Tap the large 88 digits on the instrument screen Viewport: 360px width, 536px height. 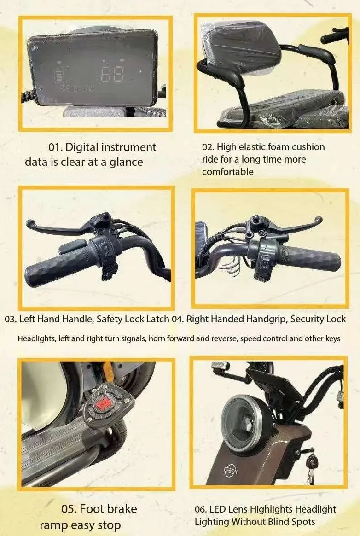coord(112,74)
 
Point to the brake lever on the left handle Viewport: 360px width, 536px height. coord(57,227)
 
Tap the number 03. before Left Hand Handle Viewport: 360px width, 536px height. coord(11,319)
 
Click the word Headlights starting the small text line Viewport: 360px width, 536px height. coord(36,339)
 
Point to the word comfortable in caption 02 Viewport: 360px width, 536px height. coord(228,172)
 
